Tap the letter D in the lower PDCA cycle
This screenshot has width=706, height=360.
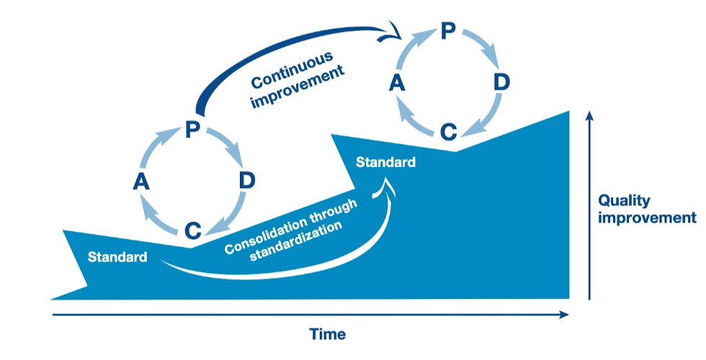(246, 181)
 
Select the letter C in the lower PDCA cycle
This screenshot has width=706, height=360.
(192, 230)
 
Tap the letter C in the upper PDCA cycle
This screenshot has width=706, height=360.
(448, 132)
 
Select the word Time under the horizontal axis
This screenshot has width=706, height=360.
(327, 335)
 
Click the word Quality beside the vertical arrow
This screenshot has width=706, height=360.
(624, 201)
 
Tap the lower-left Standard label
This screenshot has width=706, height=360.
(117, 256)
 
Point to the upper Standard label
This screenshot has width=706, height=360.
(385, 162)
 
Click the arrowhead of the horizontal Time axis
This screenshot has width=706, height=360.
(565, 314)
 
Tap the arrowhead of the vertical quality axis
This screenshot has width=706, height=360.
(590, 116)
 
